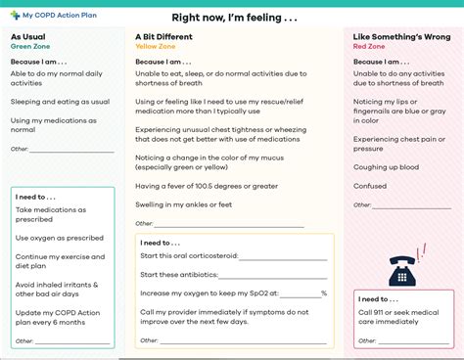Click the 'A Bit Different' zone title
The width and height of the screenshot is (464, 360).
pyautogui.click(x=166, y=37)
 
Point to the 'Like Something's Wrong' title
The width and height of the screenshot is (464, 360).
pyautogui.click(x=402, y=37)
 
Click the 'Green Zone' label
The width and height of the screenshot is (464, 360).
pyautogui.click(x=30, y=46)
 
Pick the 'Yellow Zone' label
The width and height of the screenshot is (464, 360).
pyautogui.click(x=157, y=46)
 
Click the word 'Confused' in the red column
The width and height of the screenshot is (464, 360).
pyautogui.click(x=371, y=185)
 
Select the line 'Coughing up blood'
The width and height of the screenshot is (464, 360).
pyautogui.click(x=387, y=167)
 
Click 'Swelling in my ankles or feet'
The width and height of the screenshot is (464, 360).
pyautogui.click(x=183, y=204)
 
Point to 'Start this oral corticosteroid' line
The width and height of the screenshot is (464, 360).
pyautogui.click(x=191, y=256)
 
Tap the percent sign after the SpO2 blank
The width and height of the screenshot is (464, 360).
pyautogui.click(x=324, y=292)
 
